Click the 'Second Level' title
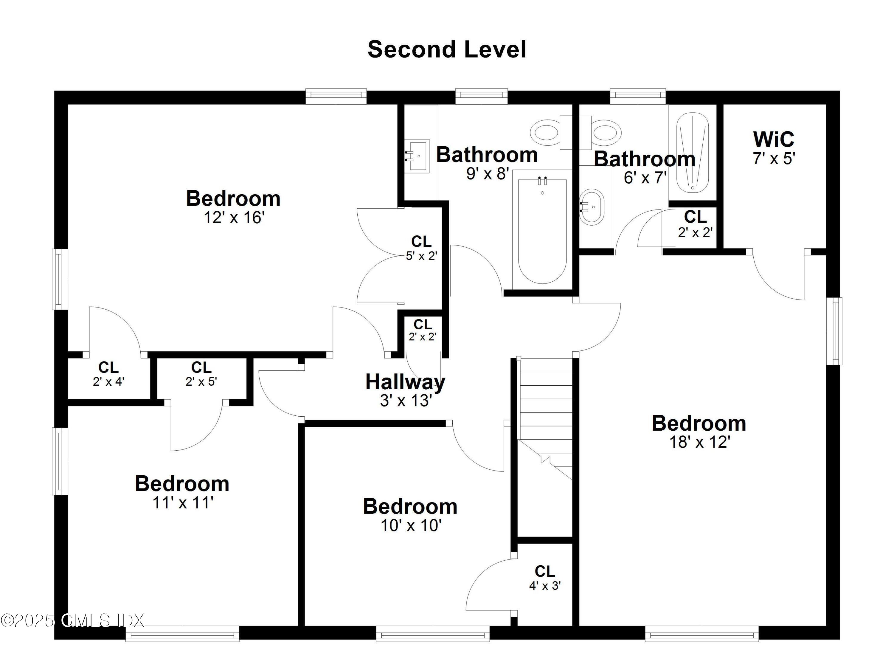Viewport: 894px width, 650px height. (447, 50)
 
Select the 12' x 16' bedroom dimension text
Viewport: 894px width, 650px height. (233, 218)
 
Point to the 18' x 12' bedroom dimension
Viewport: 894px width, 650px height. (700, 442)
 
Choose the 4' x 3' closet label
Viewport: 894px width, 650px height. (545, 586)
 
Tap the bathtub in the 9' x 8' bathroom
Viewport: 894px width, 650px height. (542, 231)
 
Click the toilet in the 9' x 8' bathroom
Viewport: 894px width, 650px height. (550, 132)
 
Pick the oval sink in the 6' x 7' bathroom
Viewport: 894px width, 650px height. (592, 207)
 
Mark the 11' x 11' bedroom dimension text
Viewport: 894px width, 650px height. (182, 503)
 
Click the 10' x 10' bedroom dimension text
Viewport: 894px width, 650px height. (410, 526)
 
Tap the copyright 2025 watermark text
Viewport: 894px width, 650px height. (72, 621)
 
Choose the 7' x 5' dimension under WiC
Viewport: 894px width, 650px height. (774, 159)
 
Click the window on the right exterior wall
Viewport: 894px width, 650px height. (834, 331)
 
